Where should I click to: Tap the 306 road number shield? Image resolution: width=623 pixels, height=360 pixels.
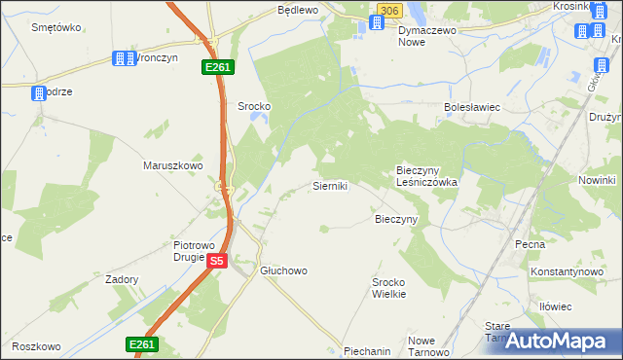click(x=388, y=10)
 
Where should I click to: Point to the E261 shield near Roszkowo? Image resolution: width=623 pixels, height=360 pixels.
click(x=141, y=344)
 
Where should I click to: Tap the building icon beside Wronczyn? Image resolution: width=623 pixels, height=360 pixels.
click(x=123, y=58)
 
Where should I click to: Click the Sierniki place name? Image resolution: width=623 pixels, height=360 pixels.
click(x=329, y=185)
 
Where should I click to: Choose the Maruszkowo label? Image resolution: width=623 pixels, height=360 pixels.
click(x=172, y=165)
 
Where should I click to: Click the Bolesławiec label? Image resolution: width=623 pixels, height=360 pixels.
click(x=471, y=107)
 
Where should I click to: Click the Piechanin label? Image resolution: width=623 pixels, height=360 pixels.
click(x=367, y=350)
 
